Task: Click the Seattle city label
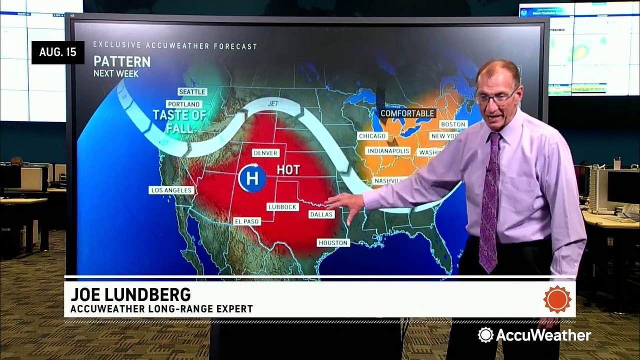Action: point(192,92)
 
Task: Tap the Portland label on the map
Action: point(184,104)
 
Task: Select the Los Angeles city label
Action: point(171,190)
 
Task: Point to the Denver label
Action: point(265,153)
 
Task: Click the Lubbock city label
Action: point(282,206)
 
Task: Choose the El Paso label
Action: point(247,221)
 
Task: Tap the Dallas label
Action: point(321,214)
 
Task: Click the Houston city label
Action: point(333,242)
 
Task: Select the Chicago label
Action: point(372,136)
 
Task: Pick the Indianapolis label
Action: point(388,151)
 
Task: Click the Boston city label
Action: point(453,124)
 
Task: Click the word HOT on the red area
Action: point(288,170)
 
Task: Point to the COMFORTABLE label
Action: point(407,113)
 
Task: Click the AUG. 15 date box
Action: point(58,52)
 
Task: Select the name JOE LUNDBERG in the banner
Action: point(130,294)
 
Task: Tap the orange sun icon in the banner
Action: point(557,299)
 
